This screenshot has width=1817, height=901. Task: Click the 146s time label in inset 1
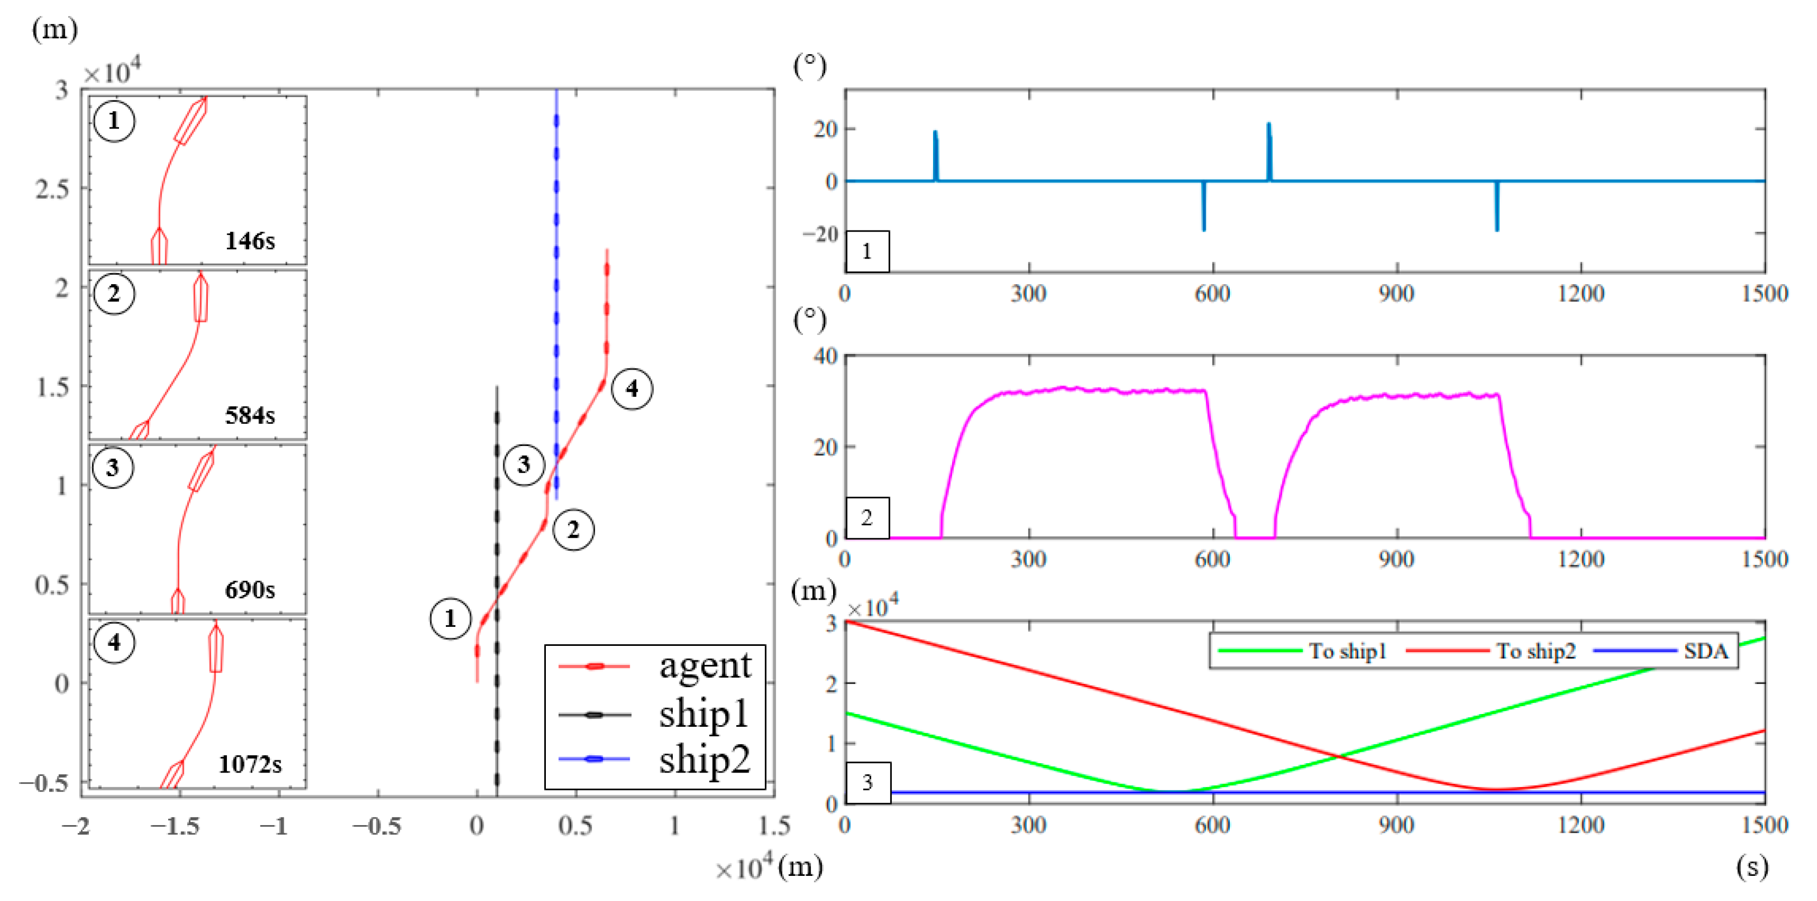250,241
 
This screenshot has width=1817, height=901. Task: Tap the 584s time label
250,415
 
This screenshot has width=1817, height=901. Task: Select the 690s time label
250,590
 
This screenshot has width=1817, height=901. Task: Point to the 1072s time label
250,764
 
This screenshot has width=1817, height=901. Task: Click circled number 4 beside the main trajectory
631,389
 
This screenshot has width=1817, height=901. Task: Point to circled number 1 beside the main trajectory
450,619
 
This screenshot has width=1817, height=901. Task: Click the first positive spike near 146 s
935,152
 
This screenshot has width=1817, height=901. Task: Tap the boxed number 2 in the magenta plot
867,517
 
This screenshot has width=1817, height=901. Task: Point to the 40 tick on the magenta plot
825,356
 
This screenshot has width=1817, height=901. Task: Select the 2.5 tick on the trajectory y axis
53,189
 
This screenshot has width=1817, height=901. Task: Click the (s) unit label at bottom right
1752,866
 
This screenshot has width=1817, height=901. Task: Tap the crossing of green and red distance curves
1338,756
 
